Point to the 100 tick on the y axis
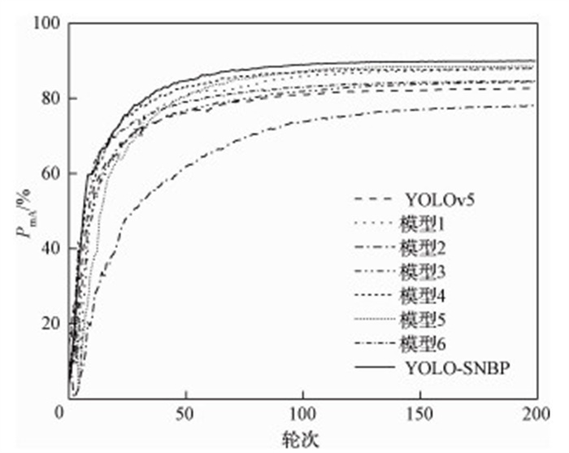[47, 24]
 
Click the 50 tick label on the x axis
[186, 412]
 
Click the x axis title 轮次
[302, 437]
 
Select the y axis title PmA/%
[22, 213]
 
